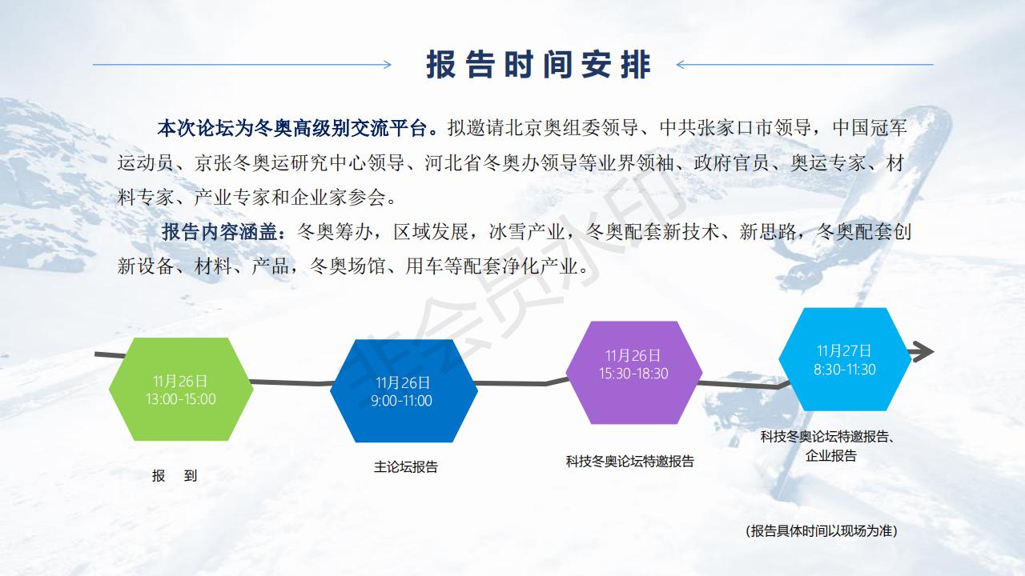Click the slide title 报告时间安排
point(538,65)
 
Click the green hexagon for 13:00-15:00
point(181,389)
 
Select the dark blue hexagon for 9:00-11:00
point(404,391)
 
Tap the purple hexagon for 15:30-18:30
point(633,372)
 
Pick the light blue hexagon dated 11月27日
point(845,359)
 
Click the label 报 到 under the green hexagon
point(175,476)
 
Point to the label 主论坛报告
point(406,466)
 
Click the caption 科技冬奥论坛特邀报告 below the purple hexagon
point(629,462)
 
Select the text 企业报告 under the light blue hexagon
point(830,455)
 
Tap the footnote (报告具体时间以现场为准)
point(822,530)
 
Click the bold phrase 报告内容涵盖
point(219,232)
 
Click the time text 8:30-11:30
point(845,370)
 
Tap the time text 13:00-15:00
point(181,399)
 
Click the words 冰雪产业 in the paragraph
point(527,232)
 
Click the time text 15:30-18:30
point(633,374)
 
